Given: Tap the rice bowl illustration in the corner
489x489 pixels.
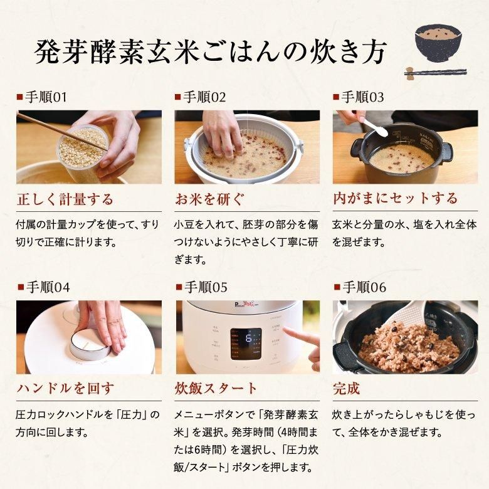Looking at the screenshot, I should (x=438, y=41).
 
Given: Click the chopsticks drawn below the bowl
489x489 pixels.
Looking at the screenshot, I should (x=435, y=73).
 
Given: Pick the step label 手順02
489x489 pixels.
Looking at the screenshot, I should (x=200, y=97).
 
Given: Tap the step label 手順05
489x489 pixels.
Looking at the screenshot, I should (x=200, y=287).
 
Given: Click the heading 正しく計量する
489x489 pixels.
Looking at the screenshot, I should (x=65, y=199).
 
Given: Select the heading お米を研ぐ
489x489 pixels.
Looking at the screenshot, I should (x=209, y=199).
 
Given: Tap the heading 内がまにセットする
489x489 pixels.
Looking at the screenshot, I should (x=395, y=199).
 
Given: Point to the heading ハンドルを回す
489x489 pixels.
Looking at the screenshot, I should (x=65, y=389).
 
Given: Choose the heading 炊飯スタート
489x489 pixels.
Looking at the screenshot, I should (x=216, y=389).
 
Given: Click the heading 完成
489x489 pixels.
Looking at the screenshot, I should (x=346, y=389).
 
